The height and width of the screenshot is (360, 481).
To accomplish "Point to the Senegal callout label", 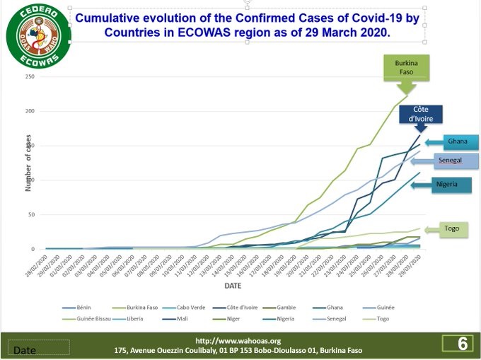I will point(450,161).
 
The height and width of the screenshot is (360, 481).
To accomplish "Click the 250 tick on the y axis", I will point(30,76).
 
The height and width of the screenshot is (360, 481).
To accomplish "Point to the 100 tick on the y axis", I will point(30,180).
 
